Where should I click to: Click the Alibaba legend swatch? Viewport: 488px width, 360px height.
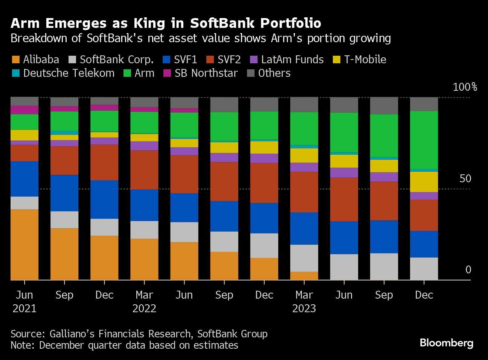click(x=15, y=60)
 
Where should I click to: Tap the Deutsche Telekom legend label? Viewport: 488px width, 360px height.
click(x=69, y=73)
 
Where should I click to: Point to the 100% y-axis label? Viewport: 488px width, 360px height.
click(x=465, y=87)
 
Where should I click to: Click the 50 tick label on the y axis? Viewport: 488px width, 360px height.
click(x=465, y=178)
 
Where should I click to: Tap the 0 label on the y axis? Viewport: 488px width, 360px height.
click(x=468, y=270)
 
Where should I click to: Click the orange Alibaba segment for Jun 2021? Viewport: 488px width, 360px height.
click(x=24, y=245)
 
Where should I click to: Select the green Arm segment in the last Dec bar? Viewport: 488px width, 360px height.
click(x=424, y=140)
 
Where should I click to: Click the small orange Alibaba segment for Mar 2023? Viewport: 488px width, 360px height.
click(x=304, y=276)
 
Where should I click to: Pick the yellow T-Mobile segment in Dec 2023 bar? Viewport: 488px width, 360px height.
click(x=424, y=182)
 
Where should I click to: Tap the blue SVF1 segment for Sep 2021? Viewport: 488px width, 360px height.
click(x=64, y=193)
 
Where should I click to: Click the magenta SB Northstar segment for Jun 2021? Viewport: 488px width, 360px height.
click(x=24, y=110)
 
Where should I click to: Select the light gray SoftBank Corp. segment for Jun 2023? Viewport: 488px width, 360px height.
click(x=344, y=267)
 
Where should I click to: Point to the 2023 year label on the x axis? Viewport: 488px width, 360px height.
click(x=304, y=309)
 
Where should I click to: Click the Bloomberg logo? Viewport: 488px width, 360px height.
click(x=447, y=343)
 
